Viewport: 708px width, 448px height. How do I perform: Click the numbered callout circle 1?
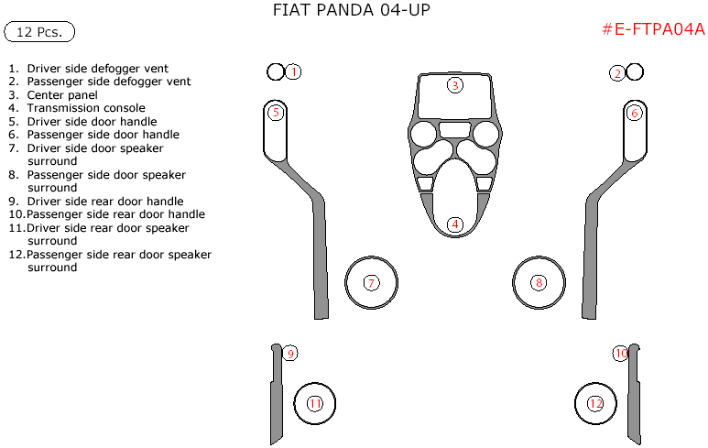click(x=293, y=71)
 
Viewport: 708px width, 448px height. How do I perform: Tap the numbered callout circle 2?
click(x=618, y=72)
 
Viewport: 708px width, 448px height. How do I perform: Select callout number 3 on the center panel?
click(x=454, y=85)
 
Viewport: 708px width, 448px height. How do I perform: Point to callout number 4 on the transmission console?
click(x=454, y=224)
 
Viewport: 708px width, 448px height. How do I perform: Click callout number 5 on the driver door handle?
click(x=275, y=113)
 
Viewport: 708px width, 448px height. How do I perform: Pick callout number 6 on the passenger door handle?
click(x=635, y=113)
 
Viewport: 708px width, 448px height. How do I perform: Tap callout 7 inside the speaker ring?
click(x=371, y=283)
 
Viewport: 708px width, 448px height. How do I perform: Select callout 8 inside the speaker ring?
click(x=539, y=283)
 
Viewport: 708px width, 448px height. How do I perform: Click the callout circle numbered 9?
click(x=289, y=354)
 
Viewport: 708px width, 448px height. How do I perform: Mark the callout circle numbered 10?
click(x=621, y=354)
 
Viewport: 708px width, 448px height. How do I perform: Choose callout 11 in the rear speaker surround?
click(x=315, y=403)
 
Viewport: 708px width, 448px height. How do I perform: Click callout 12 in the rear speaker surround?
click(x=596, y=403)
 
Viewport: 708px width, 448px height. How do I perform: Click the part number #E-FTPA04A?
click(x=652, y=29)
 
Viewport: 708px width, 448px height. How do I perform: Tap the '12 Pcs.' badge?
click(x=39, y=32)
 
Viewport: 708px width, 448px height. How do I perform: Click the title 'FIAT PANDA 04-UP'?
click(x=352, y=10)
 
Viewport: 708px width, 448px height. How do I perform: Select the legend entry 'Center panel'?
click(x=62, y=94)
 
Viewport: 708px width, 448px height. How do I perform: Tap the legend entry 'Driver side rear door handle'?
click(x=105, y=202)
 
